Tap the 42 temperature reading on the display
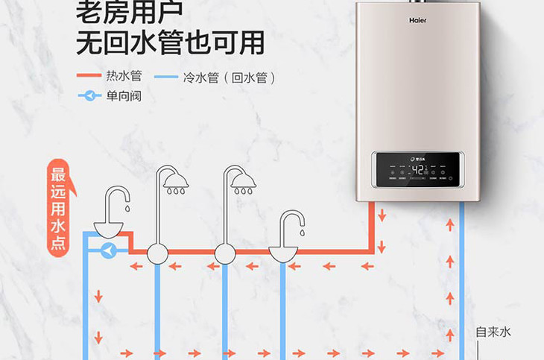coord(418,169)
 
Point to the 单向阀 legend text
coord(124,95)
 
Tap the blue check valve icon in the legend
coord(89,95)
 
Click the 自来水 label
coord(493,332)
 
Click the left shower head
coord(174,181)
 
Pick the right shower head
coord(243,181)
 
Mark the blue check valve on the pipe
coord(109,251)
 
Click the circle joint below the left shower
coord(157,253)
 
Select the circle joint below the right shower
coord(225,253)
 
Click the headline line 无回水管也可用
coord(171,42)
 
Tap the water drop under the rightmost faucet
coord(302,233)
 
